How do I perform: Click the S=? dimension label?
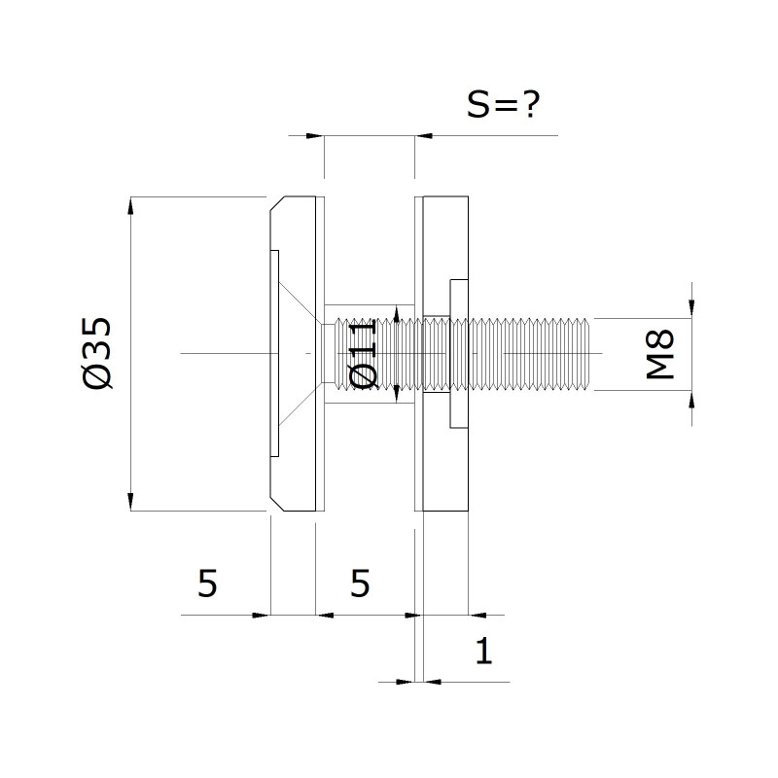tap(503, 104)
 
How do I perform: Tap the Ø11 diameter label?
tap(363, 353)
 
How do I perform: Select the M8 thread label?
tap(660, 354)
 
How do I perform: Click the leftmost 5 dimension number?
tap(207, 583)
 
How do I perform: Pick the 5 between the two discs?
tap(360, 583)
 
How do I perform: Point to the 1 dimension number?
tap(483, 651)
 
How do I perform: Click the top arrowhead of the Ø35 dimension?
tap(130, 205)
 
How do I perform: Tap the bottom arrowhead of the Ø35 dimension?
tap(130, 502)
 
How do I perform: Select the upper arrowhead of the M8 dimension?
tap(692, 309)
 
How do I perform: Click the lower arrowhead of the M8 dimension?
tap(692, 400)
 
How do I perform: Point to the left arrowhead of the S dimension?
tap(315, 135)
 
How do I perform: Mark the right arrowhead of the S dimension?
tap(424, 135)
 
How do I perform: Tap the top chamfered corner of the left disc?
tap(277, 203)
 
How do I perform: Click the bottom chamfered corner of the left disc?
tap(277, 504)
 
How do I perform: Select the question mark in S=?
tap(530, 104)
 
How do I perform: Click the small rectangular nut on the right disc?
tap(459, 353)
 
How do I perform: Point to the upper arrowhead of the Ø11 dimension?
tap(396, 313)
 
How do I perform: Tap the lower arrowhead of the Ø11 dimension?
tap(396, 394)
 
